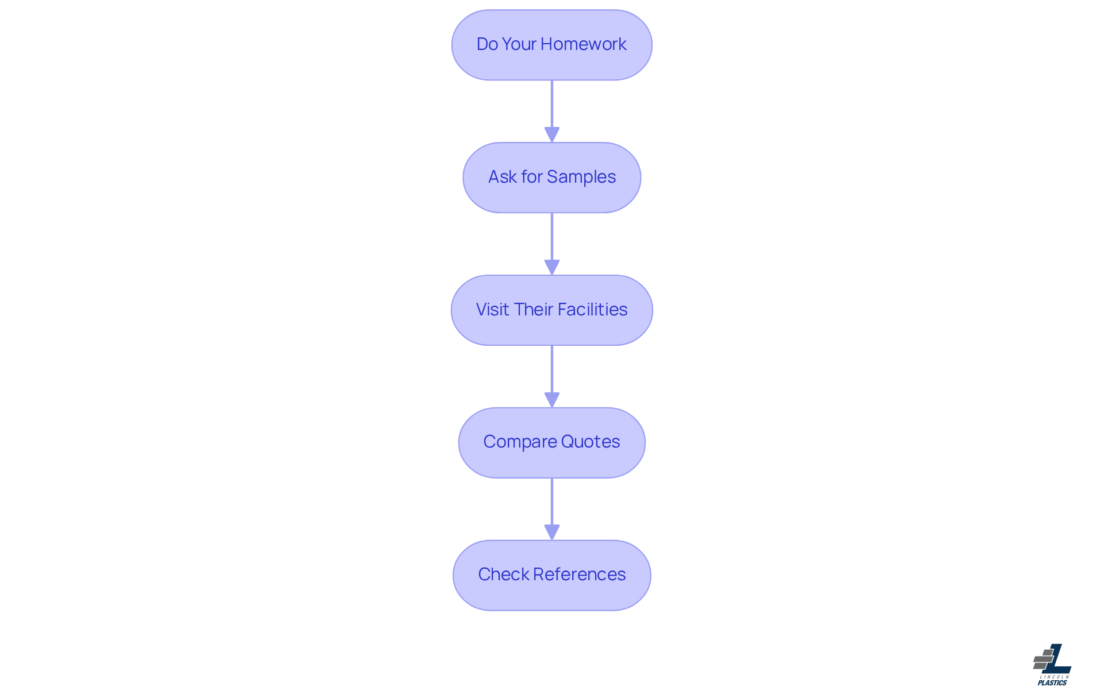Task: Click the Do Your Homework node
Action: click(x=551, y=45)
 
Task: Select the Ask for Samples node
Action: click(x=551, y=178)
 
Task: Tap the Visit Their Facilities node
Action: click(x=551, y=310)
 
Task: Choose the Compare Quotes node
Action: click(x=551, y=442)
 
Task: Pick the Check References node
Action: click(x=551, y=575)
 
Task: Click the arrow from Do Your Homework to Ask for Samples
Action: click(x=551, y=109)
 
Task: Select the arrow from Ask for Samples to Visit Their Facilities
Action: click(x=551, y=242)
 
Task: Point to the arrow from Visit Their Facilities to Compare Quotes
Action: click(x=551, y=375)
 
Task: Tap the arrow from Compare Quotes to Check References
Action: click(x=551, y=507)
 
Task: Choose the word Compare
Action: click(x=520, y=442)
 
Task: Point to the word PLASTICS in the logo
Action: click(x=1052, y=683)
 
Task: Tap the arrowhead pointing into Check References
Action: click(x=551, y=533)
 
